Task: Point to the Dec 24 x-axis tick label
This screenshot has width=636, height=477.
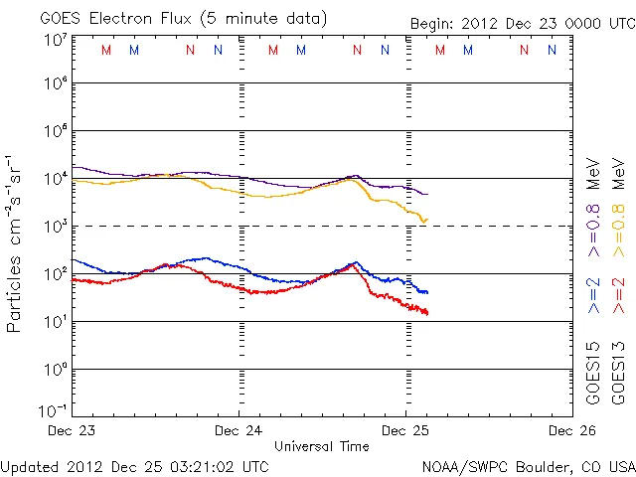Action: (238, 431)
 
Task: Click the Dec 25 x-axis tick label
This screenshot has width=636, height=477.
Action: (404, 431)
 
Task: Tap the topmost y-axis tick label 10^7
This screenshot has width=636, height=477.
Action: (56, 40)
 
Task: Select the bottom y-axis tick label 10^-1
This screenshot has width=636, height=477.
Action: (55, 410)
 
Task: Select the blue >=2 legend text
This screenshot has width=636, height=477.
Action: (592, 294)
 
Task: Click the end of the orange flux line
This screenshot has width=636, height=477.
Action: (427, 219)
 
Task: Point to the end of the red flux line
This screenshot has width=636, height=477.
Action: (427, 314)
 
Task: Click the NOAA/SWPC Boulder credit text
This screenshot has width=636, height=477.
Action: (527, 466)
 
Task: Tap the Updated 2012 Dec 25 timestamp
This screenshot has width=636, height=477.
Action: (135, 466)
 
